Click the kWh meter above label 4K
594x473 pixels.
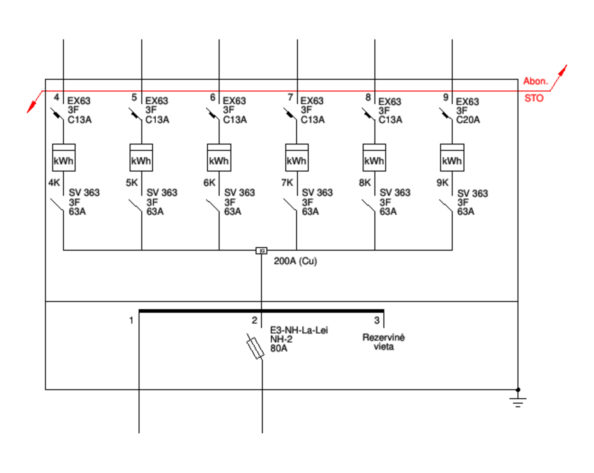[x=64, y=157]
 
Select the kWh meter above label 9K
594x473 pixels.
[x=452, y=157]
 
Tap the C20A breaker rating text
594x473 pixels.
[x=468, y=120]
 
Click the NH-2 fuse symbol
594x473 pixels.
[x=256, y=348]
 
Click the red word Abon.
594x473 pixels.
[x=536, y=81]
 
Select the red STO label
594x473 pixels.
[x=534, y=98]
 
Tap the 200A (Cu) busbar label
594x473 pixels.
[x=295, y=261]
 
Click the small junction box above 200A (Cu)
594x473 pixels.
[x=261, y=250]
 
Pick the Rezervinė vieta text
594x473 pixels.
[x=383, y=342]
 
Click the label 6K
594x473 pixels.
[x=209, y=183]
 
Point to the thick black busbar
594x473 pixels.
[x=261, y=311]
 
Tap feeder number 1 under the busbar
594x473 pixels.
[x=131, y=320]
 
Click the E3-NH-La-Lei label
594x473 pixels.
[x=299, y=330]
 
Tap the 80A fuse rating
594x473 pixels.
[x=279, y=349]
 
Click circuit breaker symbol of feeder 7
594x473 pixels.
[x=290, y=114]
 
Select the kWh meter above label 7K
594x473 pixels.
[x=297, y=157]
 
